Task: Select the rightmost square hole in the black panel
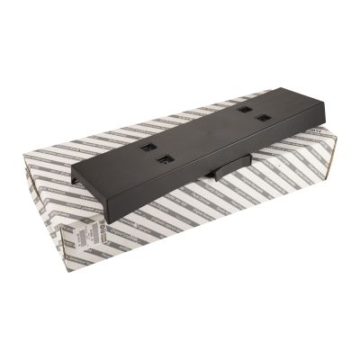point(262,117)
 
